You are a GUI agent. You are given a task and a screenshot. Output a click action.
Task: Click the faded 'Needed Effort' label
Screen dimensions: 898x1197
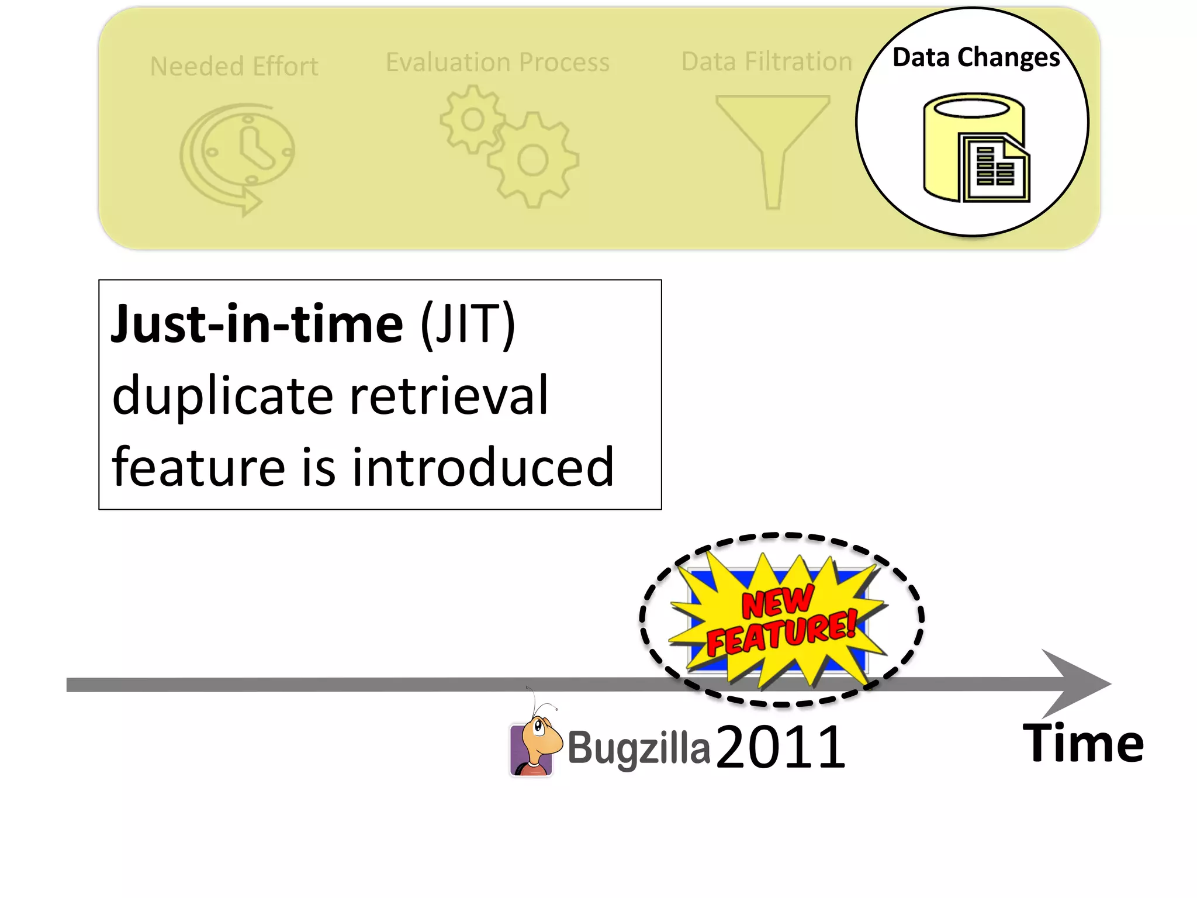[234, 67]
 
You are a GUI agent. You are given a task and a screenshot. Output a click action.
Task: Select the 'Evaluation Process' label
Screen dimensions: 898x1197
[497, 62]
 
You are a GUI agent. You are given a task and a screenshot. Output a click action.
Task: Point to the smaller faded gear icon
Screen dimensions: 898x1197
[472, 120]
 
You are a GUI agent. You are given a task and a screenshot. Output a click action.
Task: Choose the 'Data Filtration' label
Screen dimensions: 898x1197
[766, 61]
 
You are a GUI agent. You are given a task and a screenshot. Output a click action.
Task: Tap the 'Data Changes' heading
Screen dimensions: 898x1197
[976, 57]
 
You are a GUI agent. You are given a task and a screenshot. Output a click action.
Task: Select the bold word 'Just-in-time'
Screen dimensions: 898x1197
[257, 324]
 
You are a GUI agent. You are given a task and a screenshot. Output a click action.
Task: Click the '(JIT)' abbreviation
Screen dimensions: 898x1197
[468, 324]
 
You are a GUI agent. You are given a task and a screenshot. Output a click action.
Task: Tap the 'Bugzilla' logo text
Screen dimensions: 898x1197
[638, 748]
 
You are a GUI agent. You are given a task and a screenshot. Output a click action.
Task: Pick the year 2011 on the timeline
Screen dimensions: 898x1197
[780, 747]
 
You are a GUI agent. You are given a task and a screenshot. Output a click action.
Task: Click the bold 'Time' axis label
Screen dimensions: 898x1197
[1083, 744]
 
